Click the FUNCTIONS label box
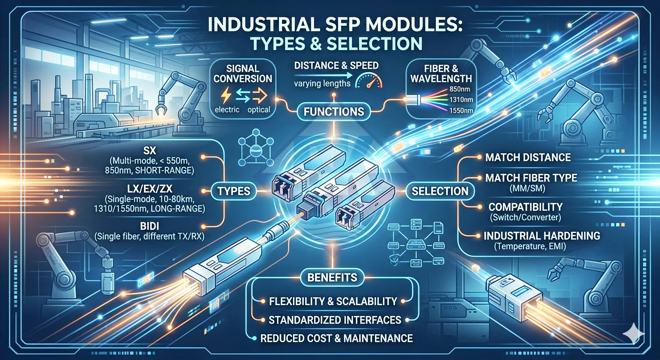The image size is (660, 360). [x=334, y=112]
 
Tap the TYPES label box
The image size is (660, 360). [x=234, y=191]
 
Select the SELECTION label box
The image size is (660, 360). [x=440, y=191]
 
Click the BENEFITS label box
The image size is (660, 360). [x=332, y=277]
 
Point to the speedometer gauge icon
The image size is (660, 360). [x=368, y=81]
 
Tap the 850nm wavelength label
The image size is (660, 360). [x=460, y=89]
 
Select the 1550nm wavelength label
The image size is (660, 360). [x=461, y=111]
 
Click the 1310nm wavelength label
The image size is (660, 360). [x=461, y=100]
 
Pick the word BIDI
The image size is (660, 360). [x=150, y=226]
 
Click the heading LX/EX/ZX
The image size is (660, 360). [x=149, y=188]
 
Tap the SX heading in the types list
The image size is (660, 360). [x=150, y=151]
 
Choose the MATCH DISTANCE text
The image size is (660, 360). [x=528, y=157]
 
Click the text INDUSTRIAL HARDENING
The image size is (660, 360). [x=542, y=236]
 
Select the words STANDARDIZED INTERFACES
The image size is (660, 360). [x=335, y=320]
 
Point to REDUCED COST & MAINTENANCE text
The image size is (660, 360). [x=337, y=338]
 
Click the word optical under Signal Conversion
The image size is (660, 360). [x=259, y=110]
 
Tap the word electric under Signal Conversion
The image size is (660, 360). [x=227, y=110]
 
